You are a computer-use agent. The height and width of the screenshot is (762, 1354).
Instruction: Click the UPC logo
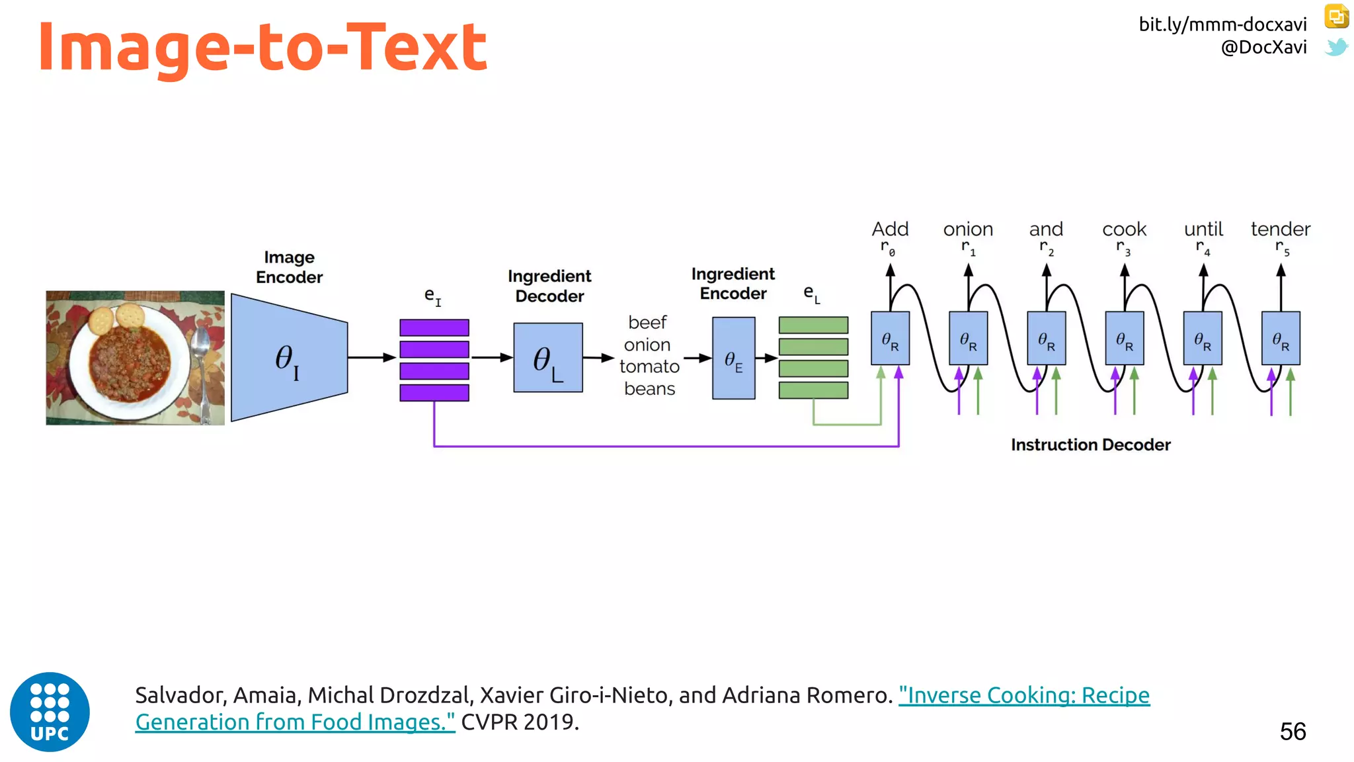tap(50, 712)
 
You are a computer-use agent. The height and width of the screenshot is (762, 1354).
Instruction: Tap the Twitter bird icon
tap(1336, 47)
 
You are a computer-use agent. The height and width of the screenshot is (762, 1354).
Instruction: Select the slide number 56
tap(1293, 732)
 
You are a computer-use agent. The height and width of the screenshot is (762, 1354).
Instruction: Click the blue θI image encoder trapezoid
tap(289, 358)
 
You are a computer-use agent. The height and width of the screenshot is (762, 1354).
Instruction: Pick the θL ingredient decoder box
tap(548, 358)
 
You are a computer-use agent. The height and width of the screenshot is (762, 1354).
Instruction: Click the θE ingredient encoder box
tap(733, 359)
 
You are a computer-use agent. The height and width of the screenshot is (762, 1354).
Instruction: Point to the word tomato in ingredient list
tap(649, 366)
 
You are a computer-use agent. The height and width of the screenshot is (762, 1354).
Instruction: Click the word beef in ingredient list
tap(647, 323)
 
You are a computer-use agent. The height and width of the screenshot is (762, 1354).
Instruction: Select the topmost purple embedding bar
tap(434, 327)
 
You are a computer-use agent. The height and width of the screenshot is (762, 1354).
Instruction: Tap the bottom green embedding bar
tap(813, 390)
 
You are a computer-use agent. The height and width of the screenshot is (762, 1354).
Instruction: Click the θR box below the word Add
tap(890, 339)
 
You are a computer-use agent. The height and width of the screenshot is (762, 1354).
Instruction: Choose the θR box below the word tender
tap(1281, 339)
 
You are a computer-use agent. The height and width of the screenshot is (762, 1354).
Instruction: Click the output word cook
tap(1124, 230)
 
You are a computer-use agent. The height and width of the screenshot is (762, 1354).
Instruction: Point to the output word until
tap(1203, 230)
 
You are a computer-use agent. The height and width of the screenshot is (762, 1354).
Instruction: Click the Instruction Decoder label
tap(1090, 445)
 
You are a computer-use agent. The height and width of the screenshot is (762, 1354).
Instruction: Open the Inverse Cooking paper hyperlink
tap(1023, 696)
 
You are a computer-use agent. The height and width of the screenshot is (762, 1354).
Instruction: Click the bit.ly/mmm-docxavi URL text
tap(1222, 24)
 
